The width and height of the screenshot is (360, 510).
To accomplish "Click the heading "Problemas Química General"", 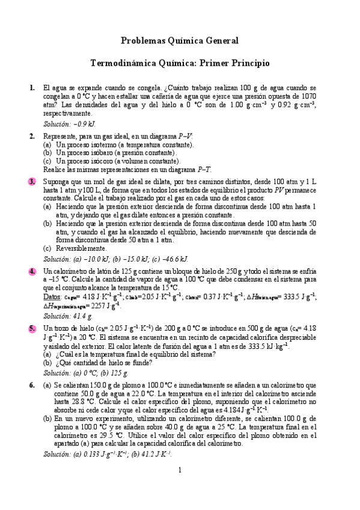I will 180,40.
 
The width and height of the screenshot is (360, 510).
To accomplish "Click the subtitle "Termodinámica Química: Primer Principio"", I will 180,63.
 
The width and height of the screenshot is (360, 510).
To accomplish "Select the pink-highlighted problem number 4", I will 32,271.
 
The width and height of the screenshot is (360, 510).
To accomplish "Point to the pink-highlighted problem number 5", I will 32,328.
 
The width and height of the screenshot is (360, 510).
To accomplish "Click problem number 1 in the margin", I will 32,88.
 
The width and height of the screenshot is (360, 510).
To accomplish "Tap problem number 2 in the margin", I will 32,137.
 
